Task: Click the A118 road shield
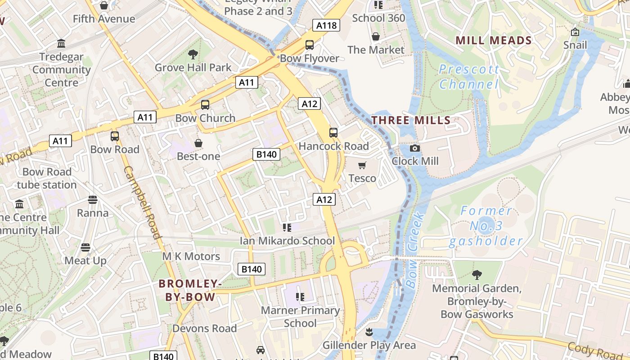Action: click(x=326, y=25)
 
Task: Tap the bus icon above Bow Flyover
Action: click(x=310, y=45)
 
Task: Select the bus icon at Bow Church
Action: click(x=205, y=105)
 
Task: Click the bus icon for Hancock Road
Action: click(x=333, y=133)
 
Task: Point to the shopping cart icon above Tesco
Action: click(x=362, y=165)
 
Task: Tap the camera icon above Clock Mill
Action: click(x=415, y=148)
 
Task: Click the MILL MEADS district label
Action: click(x=494, y=40)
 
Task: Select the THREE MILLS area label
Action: click(x=411, y=120)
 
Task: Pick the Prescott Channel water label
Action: click(x=469, y=77)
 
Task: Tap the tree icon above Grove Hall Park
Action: click(x=193, y=54)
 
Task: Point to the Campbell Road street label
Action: click(x=142, y=202)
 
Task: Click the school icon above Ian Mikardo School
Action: click(x=287, y=228)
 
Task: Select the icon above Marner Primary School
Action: click(x=300, y=297)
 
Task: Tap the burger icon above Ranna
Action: click(x=93, y=200)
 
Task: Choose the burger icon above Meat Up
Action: click(x=85, y=247)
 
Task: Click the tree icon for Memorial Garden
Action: click(x=477, y=274)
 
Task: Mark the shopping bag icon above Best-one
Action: click(x=198, y=143)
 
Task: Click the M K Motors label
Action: click(x=191, y=256)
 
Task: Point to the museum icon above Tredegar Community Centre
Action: click(x=61, y=44)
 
